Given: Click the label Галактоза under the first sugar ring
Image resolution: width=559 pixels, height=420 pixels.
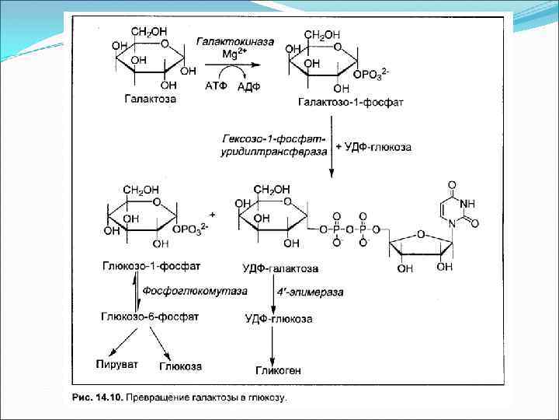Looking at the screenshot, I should (x=149, y=100).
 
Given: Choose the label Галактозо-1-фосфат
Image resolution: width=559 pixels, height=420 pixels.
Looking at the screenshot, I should (x=339, y=102).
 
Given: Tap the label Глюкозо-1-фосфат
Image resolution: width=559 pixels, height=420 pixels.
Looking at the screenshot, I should (x=151, y=265).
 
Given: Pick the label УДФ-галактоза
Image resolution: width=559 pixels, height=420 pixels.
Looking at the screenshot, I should (x=280, y=268).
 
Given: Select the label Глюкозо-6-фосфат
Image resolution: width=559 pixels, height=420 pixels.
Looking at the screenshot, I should (x=150, y=317).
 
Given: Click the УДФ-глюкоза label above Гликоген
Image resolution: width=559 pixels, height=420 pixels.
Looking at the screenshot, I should (x=279, y=319).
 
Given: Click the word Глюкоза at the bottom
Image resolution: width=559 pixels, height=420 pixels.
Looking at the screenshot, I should (x=180, y=366).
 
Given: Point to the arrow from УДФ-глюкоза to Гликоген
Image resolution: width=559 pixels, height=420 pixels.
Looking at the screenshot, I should (x=273, y=342).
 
